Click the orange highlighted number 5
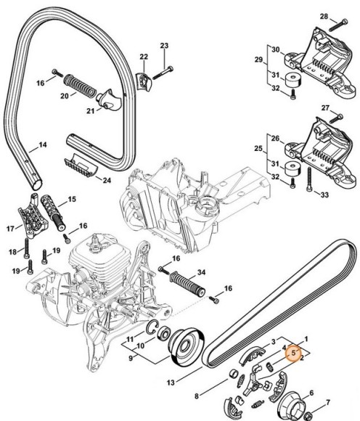point(292,352)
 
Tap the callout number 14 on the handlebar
point(42,145)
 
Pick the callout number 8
point(196,396)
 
